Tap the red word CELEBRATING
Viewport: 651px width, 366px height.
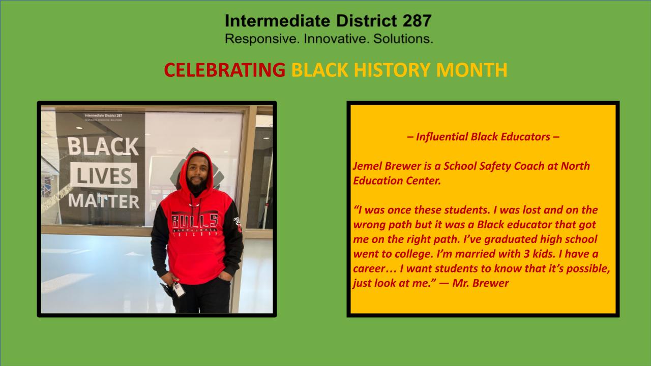tap(225, 70)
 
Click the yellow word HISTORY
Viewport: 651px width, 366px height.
tap(391, 70)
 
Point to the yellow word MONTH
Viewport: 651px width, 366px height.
tap(471, 70)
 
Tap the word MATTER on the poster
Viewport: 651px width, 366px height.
tap(104, 201)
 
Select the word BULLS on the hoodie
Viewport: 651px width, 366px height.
tap(195, 221)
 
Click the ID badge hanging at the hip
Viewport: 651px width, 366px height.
tap(179, 290)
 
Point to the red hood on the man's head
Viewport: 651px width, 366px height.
tap(196, 168)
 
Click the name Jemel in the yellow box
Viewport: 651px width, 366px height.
tap(368, 166)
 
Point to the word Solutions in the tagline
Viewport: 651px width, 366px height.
tap(403, 39)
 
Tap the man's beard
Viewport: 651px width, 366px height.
tap(196, 186)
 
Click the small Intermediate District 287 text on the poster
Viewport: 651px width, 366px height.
tap(103, 115)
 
